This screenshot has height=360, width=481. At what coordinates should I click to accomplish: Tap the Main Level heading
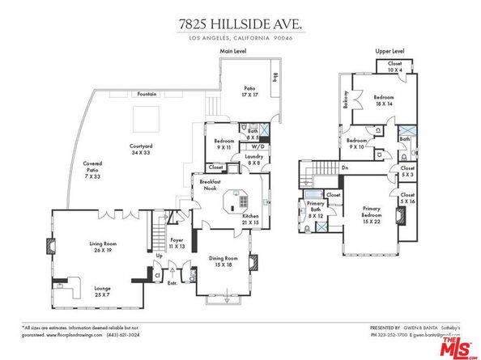(x=233, y=51)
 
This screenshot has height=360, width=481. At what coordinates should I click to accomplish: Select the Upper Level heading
(x=389, y=51)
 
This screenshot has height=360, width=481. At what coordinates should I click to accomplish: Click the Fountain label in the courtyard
(x=147, y=95)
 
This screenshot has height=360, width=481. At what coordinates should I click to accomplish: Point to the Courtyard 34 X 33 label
(x=142, y=150)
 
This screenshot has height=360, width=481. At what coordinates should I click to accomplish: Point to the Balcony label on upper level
(x=346, y=100)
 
